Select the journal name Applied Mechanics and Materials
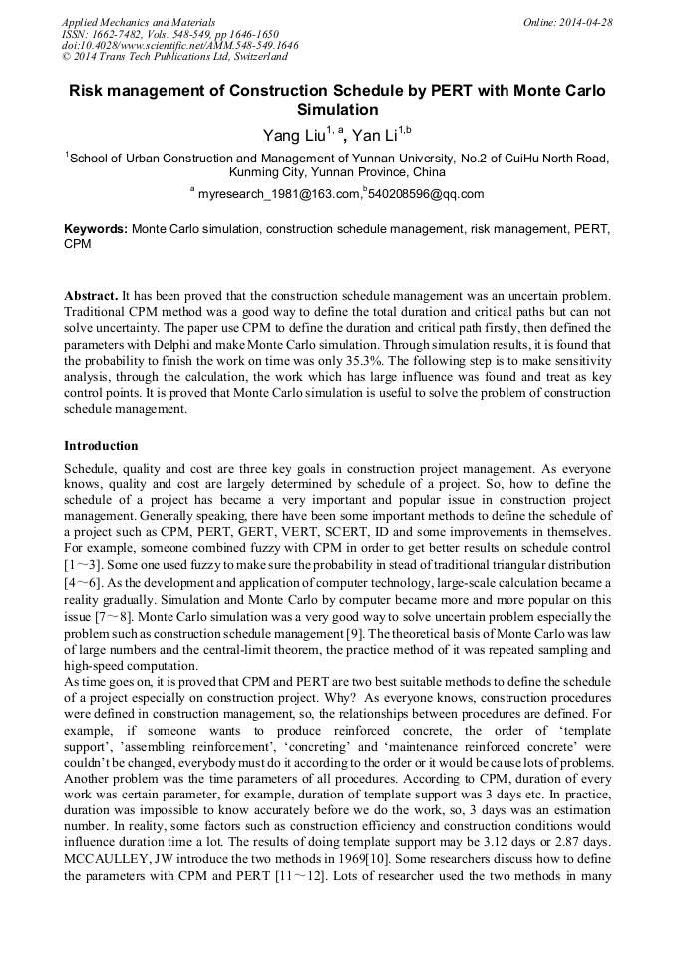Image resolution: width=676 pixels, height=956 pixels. tap(138, 22)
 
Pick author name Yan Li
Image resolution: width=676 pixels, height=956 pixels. tap(375, 135)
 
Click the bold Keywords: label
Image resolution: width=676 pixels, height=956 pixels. tap(96, 228)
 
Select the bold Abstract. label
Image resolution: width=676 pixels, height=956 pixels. tap(91, 297)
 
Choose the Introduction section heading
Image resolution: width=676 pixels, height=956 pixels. tap(101, 446)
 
